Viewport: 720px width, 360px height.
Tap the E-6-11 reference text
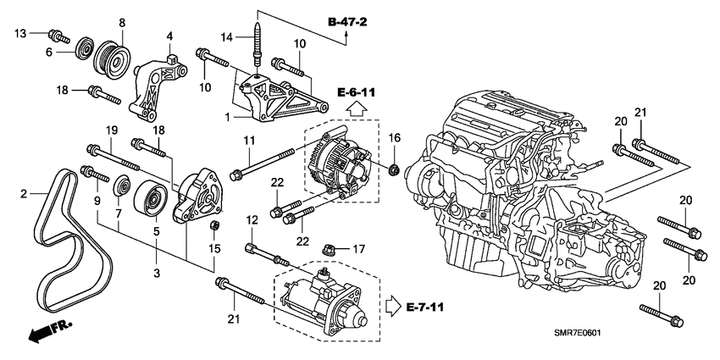click(x=356, y=91)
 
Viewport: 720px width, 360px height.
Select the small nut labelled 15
click(x=214, y=226)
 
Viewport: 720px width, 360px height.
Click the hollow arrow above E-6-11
click(x=356, y=108)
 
